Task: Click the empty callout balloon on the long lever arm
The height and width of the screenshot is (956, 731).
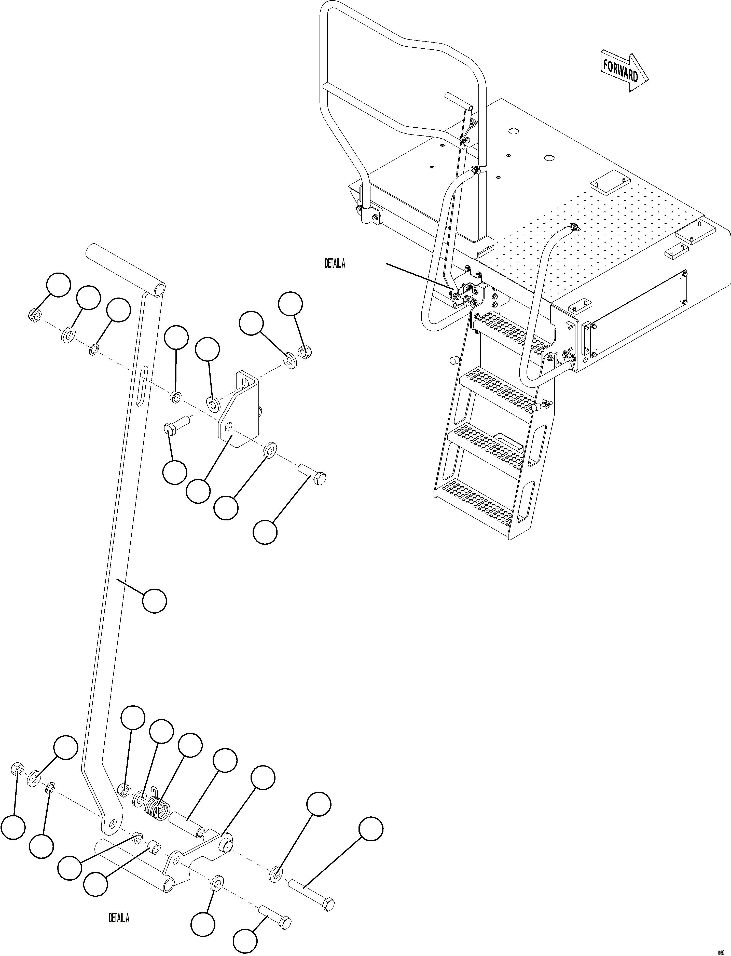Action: click(x=155, y=601)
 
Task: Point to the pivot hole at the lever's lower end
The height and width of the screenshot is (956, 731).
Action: click(x=113, y=823)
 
